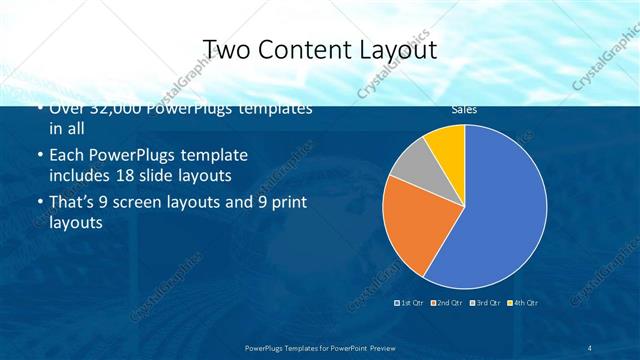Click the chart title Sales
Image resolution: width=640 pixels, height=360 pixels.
pyautogui.click(x=463, y=109)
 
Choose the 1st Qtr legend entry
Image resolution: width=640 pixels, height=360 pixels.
pyautogui.click(x=410, y=302)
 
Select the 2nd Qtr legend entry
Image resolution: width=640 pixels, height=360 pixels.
pyautogui.click(x=446, y=302)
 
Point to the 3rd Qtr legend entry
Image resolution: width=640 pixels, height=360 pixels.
pyautogui.click(x=484, y=302)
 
